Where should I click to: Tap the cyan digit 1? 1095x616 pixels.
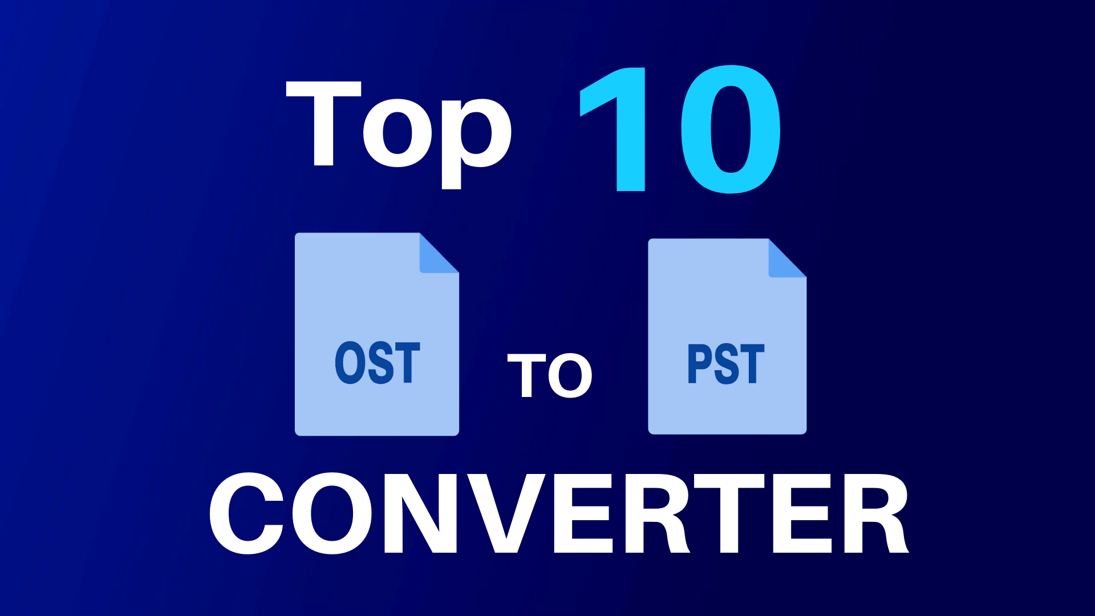click(613, 129)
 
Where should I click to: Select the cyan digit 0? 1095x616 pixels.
click(731, 129)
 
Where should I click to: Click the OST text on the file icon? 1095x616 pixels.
click(378, 363)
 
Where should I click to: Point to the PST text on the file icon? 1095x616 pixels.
click(726, 364)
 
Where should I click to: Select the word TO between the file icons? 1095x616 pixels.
click(550, 375)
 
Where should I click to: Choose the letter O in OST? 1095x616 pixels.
click(349, 363)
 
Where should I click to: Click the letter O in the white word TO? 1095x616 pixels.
click(570, 375)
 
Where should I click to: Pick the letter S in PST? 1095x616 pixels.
click(727, 364)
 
